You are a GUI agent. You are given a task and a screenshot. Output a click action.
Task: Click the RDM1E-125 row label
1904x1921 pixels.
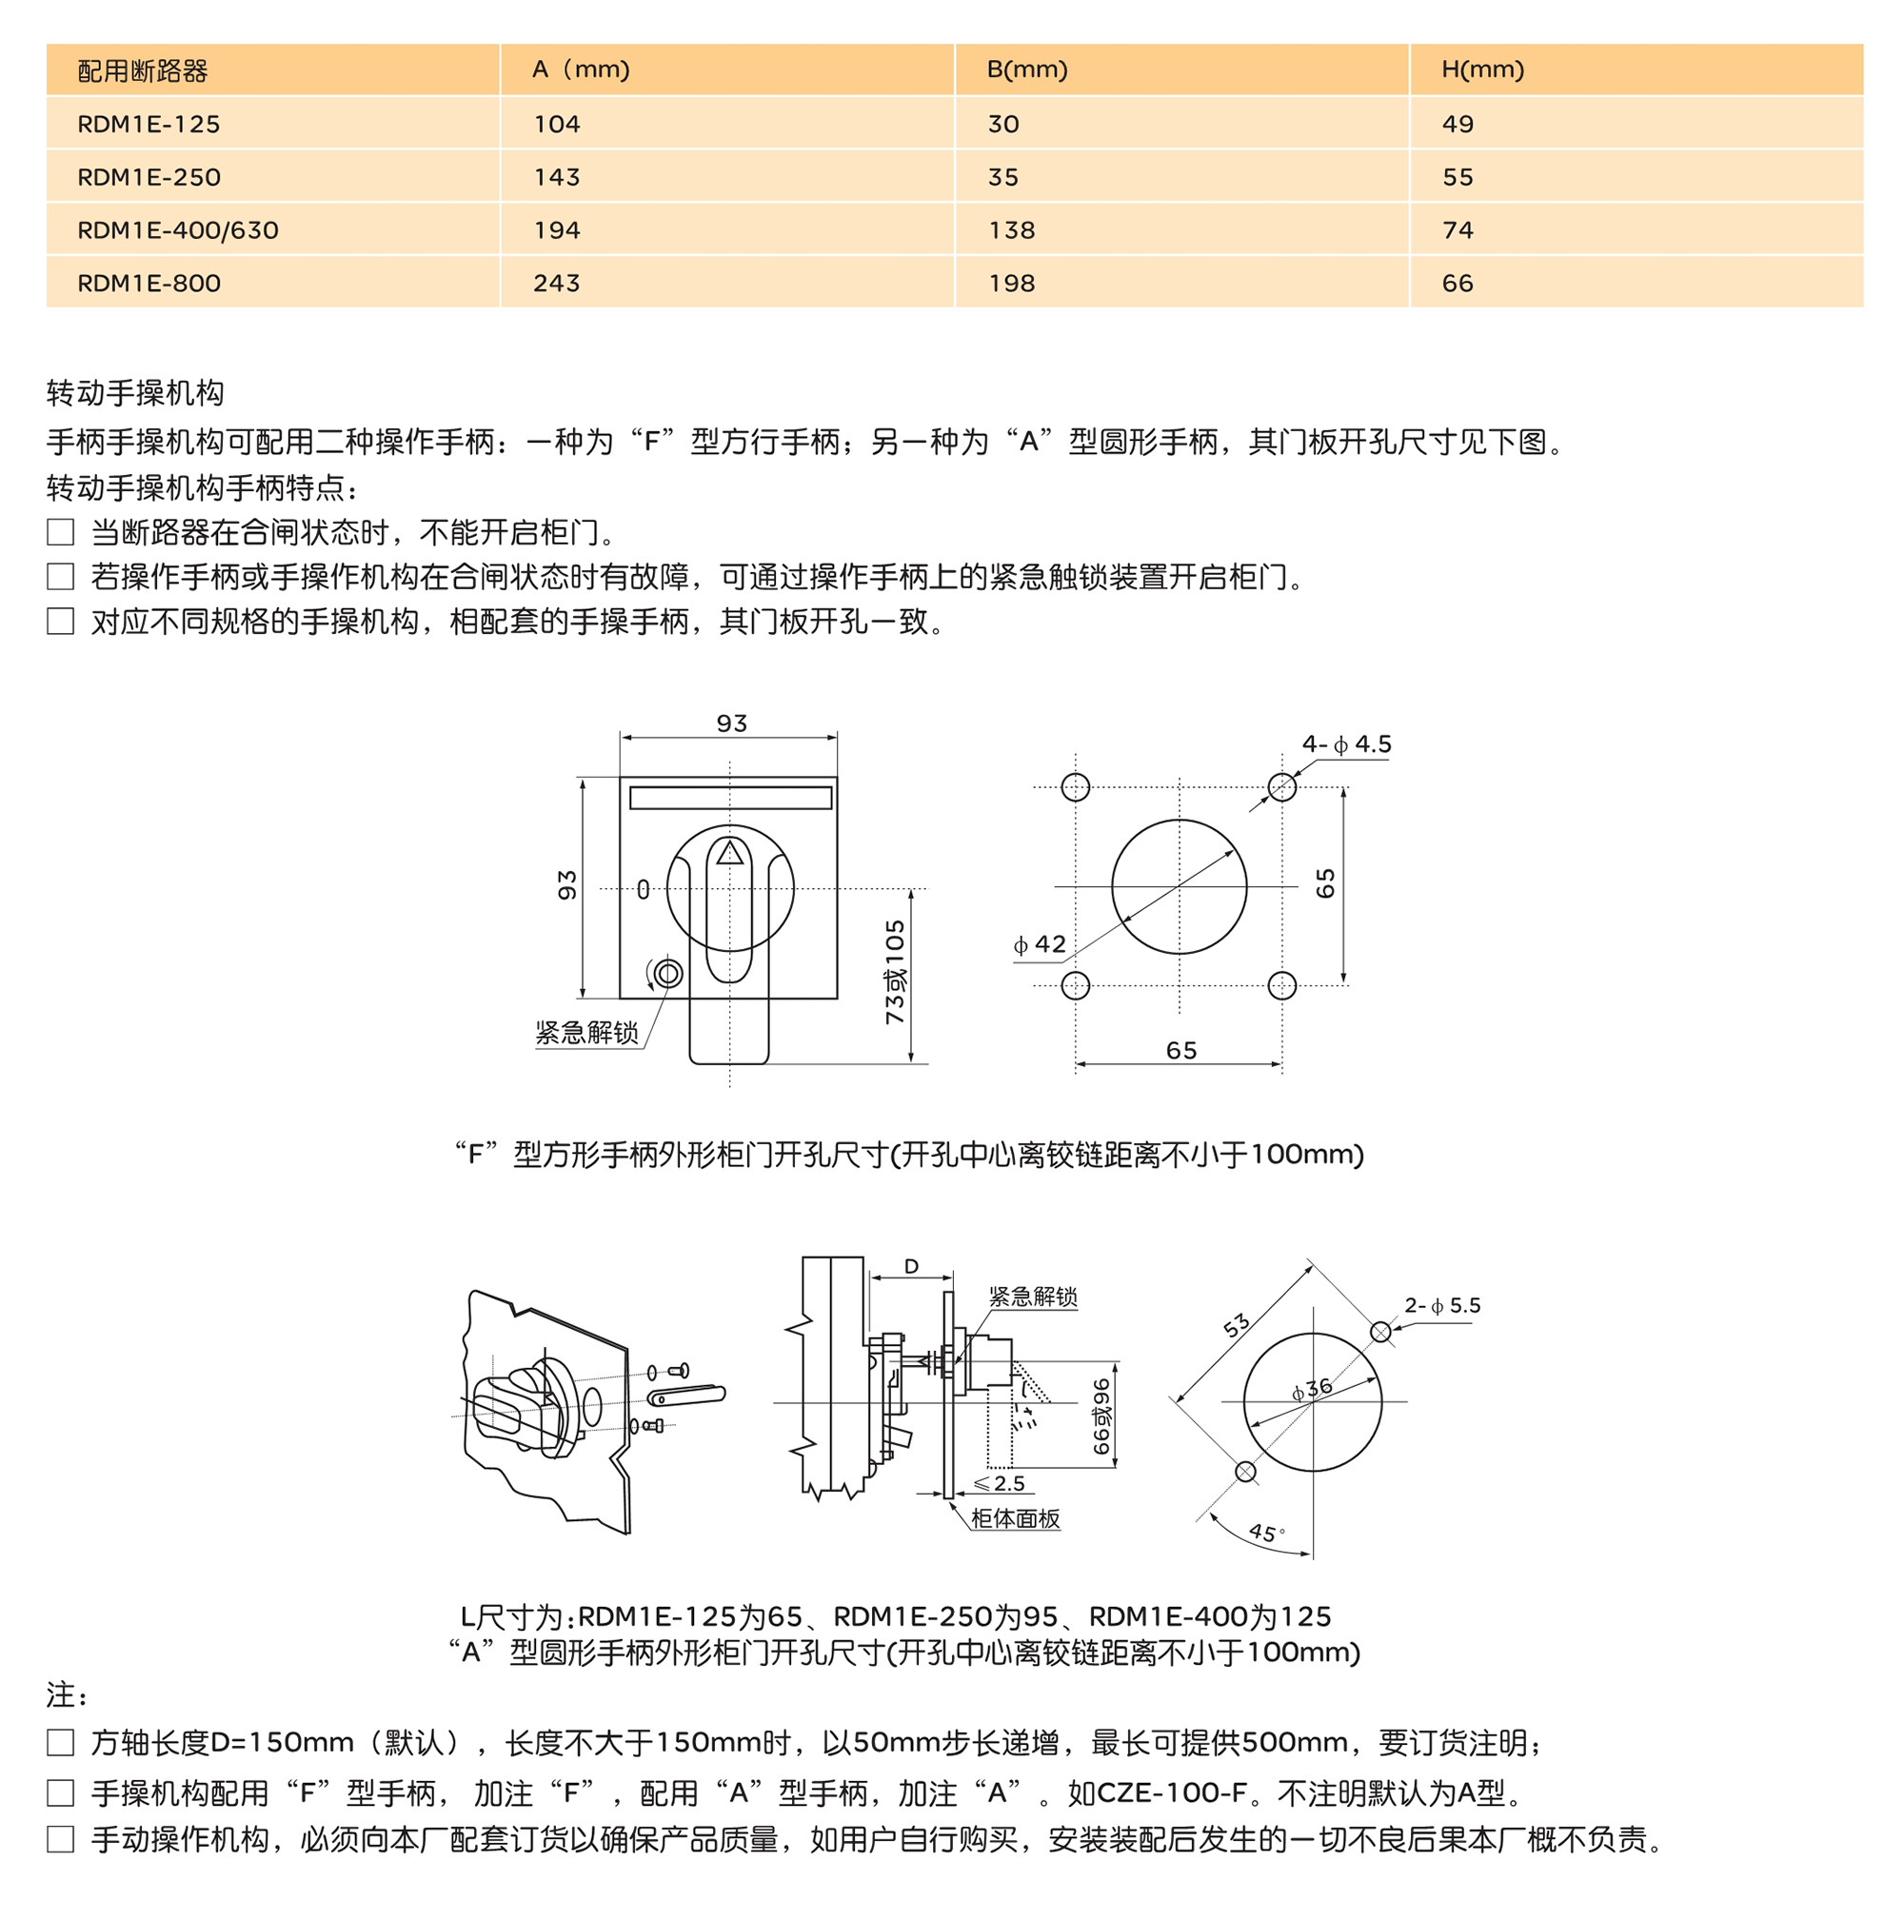click(149, 125)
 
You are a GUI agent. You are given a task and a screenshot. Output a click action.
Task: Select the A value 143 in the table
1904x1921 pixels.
click(556, 177)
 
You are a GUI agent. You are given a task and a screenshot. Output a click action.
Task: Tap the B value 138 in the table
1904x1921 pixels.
click(1011, 230)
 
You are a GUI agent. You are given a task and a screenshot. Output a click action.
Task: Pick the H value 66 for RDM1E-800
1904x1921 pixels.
click(1457, 284)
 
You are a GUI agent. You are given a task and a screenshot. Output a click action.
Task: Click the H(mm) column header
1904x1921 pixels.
click(1481, 69)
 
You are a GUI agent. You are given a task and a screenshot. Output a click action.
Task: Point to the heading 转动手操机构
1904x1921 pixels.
click(135, 393)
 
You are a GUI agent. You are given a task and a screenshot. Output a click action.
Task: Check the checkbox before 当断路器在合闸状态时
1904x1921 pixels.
click(61, 532)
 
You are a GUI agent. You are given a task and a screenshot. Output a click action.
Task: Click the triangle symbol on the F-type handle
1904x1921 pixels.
click(730, 852)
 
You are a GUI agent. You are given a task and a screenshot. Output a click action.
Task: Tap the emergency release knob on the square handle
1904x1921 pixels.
click(668, 974)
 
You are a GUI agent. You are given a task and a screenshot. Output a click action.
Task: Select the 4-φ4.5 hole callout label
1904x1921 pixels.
click(1346, 744)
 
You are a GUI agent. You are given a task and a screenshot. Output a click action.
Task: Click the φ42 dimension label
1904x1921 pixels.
click(1039, 943)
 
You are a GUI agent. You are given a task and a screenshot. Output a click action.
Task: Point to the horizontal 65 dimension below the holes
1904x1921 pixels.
click(1181, 1050)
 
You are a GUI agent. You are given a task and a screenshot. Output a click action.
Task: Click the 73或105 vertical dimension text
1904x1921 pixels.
click(895, 971)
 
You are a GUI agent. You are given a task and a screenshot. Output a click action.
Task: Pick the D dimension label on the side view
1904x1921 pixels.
click(911, 1267)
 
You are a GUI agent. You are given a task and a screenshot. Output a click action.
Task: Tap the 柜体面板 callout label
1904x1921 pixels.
click(1015, 1518)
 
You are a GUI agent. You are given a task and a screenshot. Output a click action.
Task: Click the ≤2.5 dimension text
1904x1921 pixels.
click(999, 1483)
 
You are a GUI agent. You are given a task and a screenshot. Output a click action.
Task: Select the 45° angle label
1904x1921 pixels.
click(1266, 1533)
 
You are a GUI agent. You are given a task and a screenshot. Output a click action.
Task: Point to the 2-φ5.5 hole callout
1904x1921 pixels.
click(1441, 1305)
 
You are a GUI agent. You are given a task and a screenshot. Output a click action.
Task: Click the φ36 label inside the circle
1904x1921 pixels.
click(1312, 1389)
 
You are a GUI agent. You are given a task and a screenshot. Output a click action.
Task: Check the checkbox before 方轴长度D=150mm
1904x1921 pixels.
click(61, 1742)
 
